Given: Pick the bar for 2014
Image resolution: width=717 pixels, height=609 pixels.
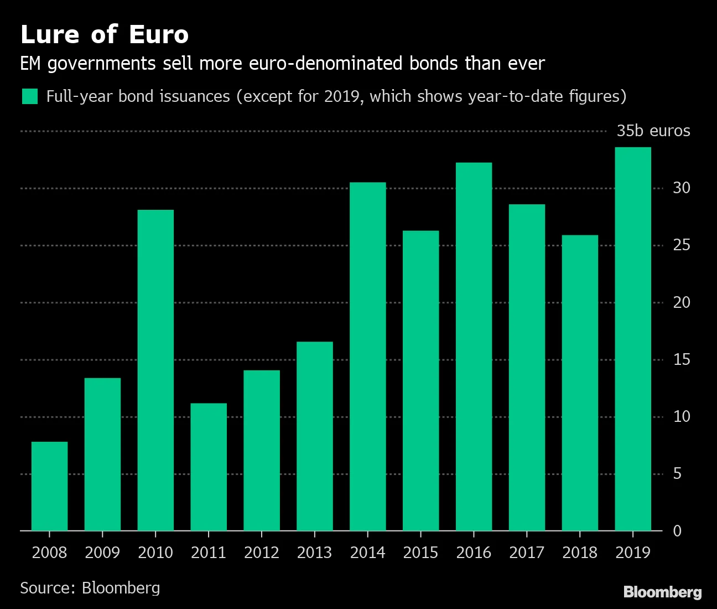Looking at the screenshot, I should pos(367,357).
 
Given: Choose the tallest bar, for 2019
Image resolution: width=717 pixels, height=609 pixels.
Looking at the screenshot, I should pos(633,339).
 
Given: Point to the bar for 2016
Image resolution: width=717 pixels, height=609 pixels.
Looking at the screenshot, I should pos(474,347).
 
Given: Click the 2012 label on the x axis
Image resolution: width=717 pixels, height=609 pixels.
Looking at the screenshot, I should pos(262,553).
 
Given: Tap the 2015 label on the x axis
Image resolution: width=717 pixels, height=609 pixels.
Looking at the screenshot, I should pos(420,553).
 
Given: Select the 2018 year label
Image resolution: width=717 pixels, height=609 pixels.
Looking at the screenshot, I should pos(580,553).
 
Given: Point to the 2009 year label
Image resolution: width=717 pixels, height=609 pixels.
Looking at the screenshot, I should pos(102,553).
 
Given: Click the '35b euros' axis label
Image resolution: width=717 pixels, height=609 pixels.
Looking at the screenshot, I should pos(653,131).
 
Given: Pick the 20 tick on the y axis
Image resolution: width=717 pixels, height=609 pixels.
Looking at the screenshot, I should pos(682,302).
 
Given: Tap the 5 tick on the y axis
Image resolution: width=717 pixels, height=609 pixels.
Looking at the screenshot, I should pos(677,474).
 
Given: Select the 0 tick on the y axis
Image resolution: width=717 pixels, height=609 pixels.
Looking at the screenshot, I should pos(677,531).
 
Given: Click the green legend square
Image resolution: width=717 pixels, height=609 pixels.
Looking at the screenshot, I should pos(29,96).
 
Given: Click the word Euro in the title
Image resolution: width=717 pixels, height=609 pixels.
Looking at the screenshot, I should pos(159,35).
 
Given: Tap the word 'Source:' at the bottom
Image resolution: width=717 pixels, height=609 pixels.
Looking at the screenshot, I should pos(47,588).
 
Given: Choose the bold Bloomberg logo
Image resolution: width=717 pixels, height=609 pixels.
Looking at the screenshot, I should pos(662,592).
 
